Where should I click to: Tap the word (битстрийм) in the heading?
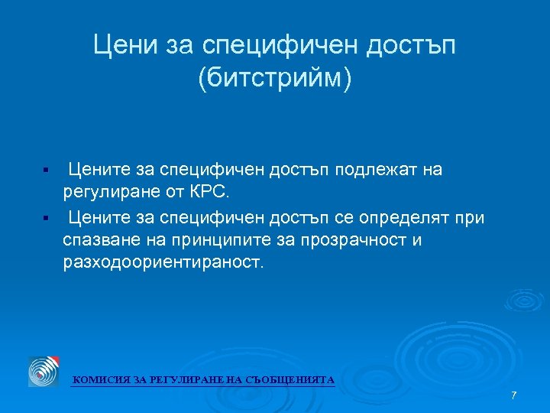tap(275, 79)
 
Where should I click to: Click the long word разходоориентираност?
tap(163, 264)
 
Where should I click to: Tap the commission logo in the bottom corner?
tap(44, 372)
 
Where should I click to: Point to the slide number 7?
tap(514, 395)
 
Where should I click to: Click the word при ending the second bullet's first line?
tap(470, 219)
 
